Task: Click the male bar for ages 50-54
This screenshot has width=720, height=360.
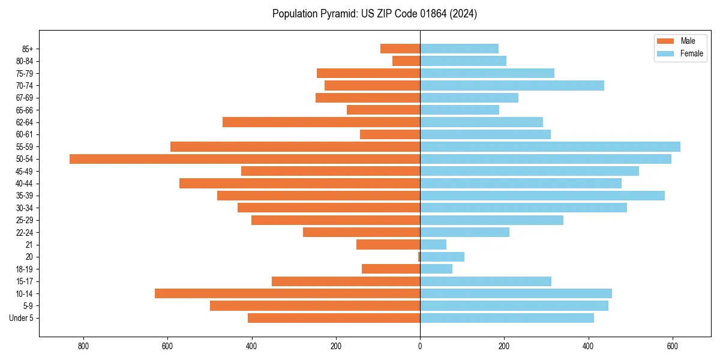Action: [x=245, y=159]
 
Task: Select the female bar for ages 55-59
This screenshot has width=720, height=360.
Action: [x=550, y=147]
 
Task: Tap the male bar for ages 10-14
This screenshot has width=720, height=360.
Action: [x=287, y=293]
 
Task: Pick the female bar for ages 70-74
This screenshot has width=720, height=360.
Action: [x=512, y=86]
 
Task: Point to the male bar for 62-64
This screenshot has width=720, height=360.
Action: [x=321, y=122]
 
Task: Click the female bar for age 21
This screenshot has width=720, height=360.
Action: [x=433, y=245]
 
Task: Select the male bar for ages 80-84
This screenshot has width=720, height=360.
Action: [x=406, y=61]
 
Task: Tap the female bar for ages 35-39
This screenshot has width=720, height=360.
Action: [x=542, y=196]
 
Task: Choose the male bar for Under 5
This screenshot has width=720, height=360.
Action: [x=334, y=318]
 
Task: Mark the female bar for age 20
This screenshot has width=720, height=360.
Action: [x=442, y=257]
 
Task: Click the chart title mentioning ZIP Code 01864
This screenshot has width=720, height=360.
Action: [x=374, y=14]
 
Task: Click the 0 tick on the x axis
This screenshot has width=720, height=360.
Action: [x=420, y=346]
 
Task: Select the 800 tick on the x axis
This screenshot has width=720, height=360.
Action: [x=83, y=346]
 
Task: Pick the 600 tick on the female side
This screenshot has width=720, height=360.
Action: [x=673, y=346]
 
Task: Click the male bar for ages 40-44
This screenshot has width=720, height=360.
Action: [x=299, y=184]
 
